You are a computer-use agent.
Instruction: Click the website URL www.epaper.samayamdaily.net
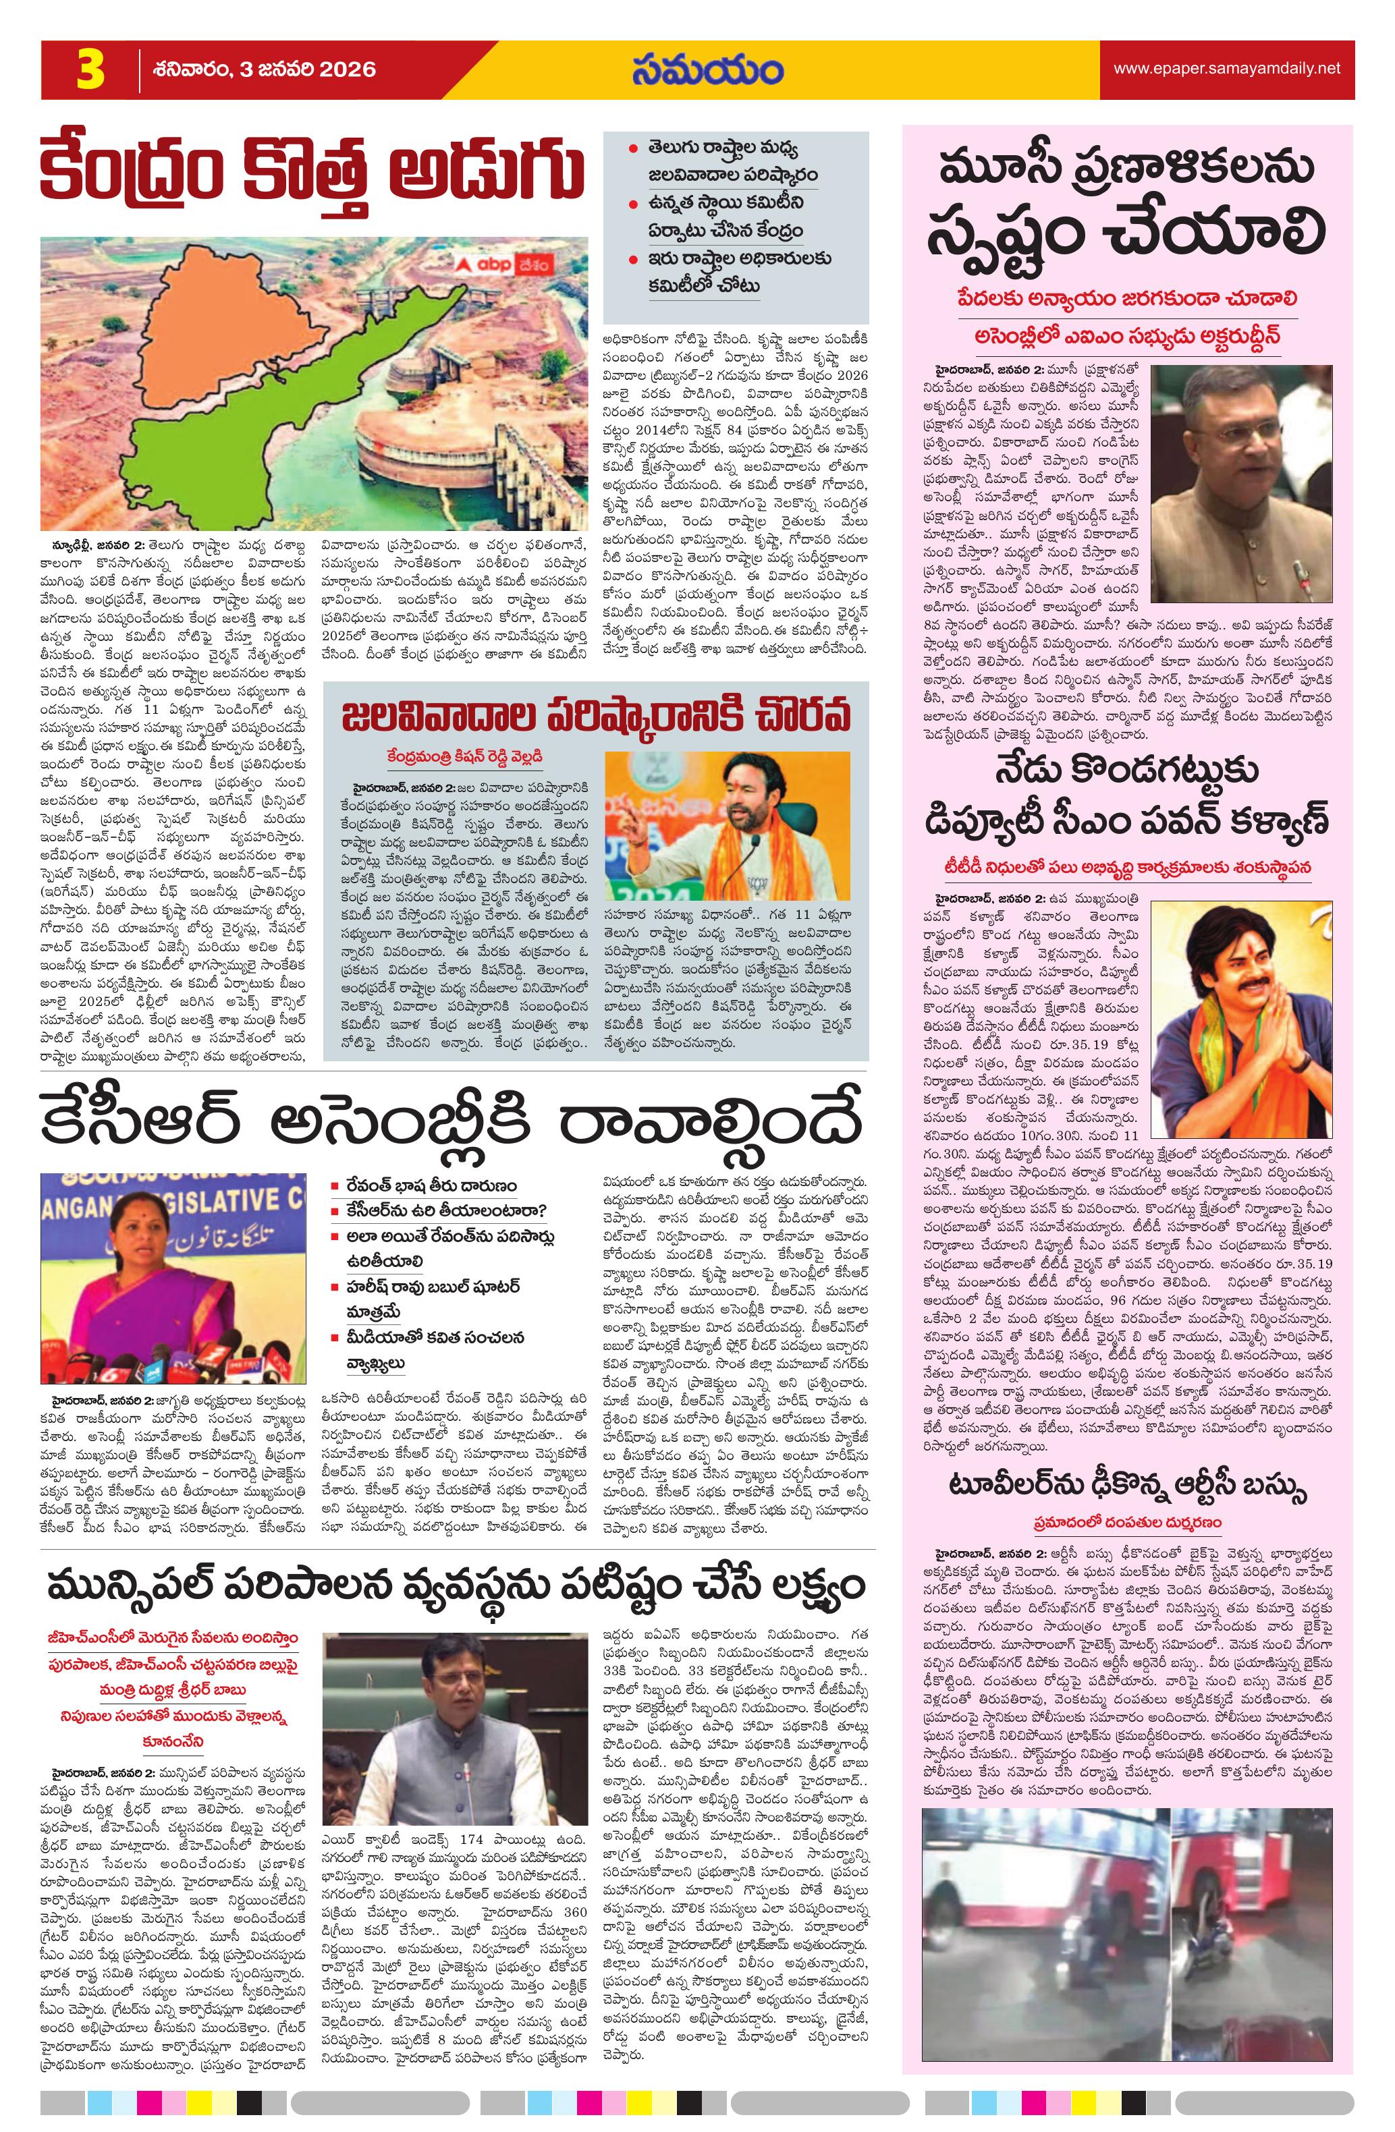[1226, 68]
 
